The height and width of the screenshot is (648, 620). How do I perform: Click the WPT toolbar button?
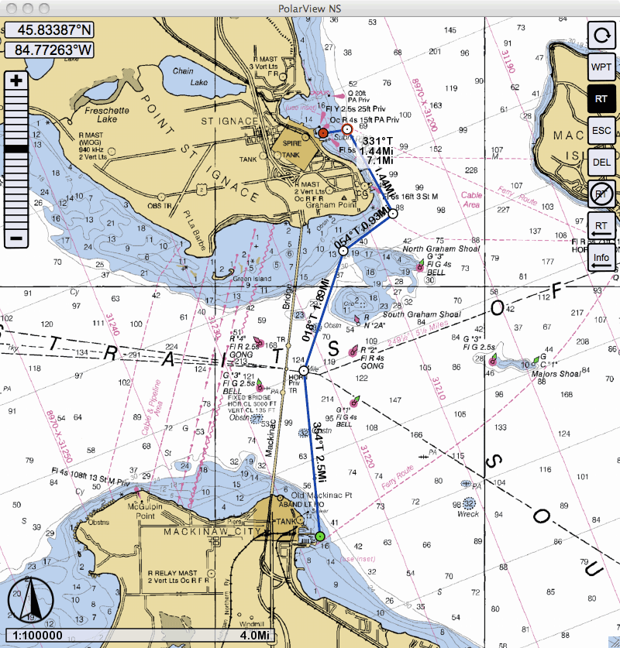[601, 67]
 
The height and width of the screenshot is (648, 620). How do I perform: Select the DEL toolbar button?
[601, 162]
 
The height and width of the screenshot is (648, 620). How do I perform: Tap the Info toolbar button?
[601, 258]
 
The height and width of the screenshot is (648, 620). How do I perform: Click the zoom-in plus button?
[16, 80]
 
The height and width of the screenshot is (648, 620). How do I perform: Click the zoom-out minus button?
[16, 238]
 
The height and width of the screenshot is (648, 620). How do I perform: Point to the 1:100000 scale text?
[40, 636]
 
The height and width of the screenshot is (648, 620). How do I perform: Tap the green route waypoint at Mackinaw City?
[319, 536]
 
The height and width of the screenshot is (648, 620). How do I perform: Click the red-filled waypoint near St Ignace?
[323, 133]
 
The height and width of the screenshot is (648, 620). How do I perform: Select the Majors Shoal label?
[557, 375]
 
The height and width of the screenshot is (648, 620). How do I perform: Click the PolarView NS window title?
[310, 8]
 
